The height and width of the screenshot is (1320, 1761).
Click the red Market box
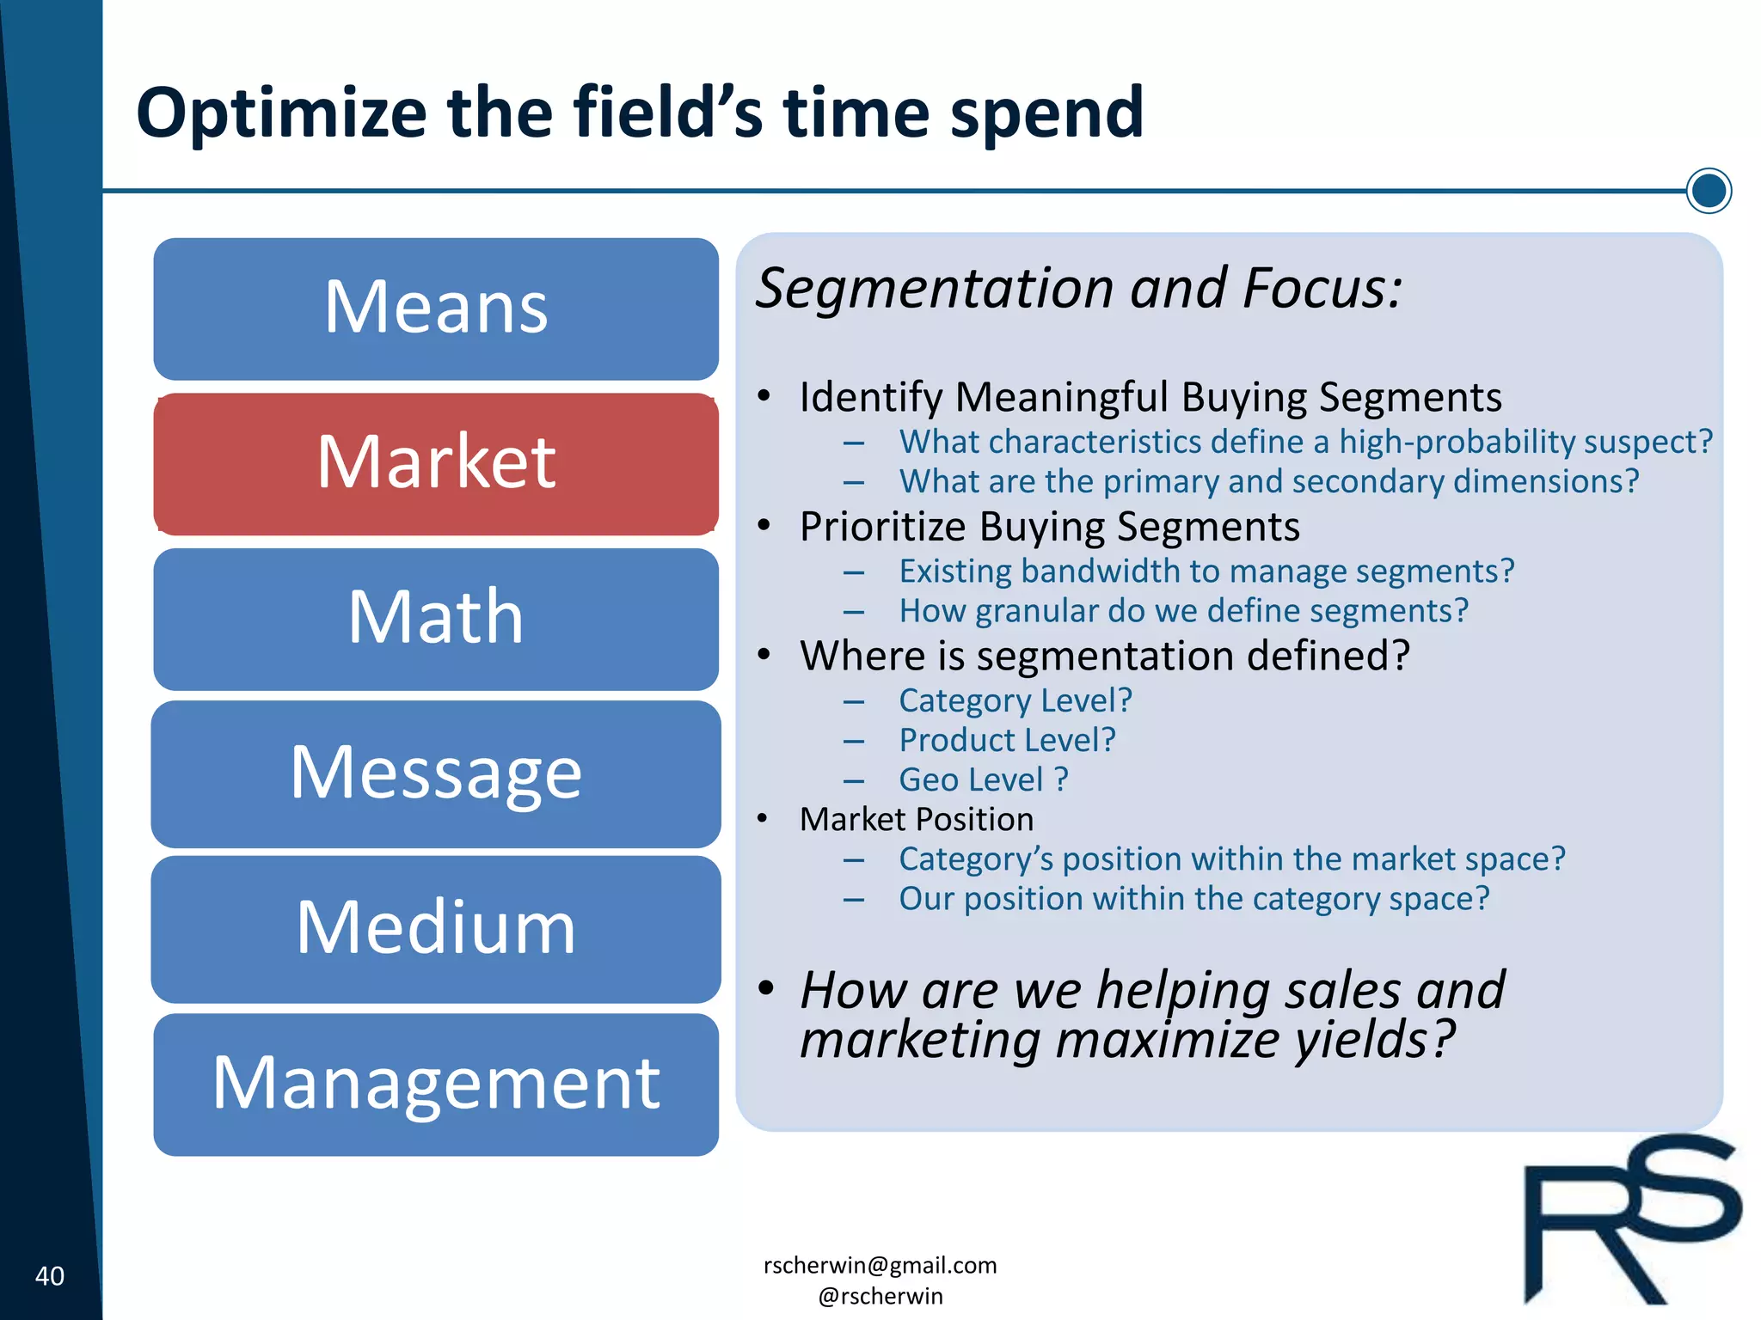pyautogui.click(x=436, y=464)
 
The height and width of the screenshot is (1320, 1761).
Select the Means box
pyautogui.click(x=436, y=309)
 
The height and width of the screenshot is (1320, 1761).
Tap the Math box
pyautogui.click(x=436, y=619)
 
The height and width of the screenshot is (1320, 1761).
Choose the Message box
pyautogui.click(x=436, y=773)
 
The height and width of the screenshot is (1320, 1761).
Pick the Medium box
pyautogui.click(x=436, y=929)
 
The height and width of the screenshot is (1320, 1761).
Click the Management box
pyautogui.click(x=436, y=1085)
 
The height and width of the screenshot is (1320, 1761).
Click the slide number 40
pyautogui.click(x=50, y=1276)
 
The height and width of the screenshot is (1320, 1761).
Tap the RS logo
pyautogui.click(x=1629, y=1220)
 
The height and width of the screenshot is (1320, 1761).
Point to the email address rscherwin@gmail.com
pyautogui.click(x=880, y=1265)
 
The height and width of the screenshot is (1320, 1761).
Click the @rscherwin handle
pyautogui.click(x=880, y=1296)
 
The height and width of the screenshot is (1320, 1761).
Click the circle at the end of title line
pyautogui.click(x=1708, y=191)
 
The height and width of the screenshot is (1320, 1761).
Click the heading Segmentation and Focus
pyautogui.click(x=1078, y=288)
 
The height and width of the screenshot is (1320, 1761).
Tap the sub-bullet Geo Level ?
pyautogui.click(x=983, y=780)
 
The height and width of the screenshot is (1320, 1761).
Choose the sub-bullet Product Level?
pyautogui.click(x=1007, y=741)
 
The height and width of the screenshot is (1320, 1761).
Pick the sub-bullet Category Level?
pyautogui.click(x=1015, y=701)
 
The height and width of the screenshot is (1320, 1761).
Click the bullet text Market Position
pyautogui.click(x=917, y=820)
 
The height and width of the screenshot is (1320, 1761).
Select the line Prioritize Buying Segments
pyautogui.click(x=1049, y=527)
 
